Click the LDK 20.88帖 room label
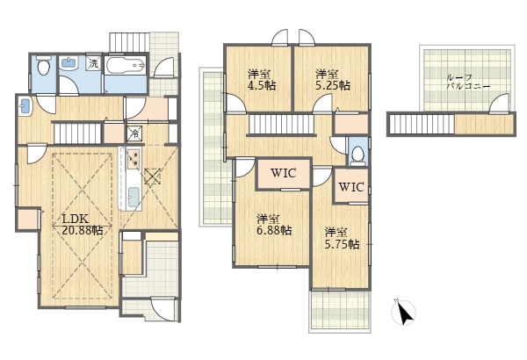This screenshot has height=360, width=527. click(83, 225)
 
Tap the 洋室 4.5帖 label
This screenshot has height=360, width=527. click(262, 80)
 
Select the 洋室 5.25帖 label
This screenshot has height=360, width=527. click(332, 80)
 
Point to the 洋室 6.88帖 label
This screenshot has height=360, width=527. click(274, 225)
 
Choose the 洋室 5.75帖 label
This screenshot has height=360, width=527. click(342, 238)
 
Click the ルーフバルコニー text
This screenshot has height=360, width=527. click(468, 82)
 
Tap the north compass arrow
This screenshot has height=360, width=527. click(404, 313)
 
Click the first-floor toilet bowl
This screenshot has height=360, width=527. click(43, 65)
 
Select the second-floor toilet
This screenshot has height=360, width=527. click(357, 155)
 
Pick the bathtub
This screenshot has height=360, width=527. click(126, 65)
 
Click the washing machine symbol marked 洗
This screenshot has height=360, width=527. click(94, 62)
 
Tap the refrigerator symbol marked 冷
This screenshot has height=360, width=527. click(134, 133)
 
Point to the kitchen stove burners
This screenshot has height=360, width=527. click(134, 158)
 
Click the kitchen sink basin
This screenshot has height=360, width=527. click(134, 197)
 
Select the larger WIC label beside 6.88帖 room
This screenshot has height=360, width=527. click(284, 173)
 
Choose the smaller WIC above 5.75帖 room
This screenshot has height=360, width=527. click(351, 186)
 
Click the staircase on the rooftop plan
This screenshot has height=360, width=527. click(422, 125)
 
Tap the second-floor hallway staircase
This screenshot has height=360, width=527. click(282, 124)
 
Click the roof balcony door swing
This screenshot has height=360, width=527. click(498, 104)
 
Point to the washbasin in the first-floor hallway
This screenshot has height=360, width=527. click(25, 106)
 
